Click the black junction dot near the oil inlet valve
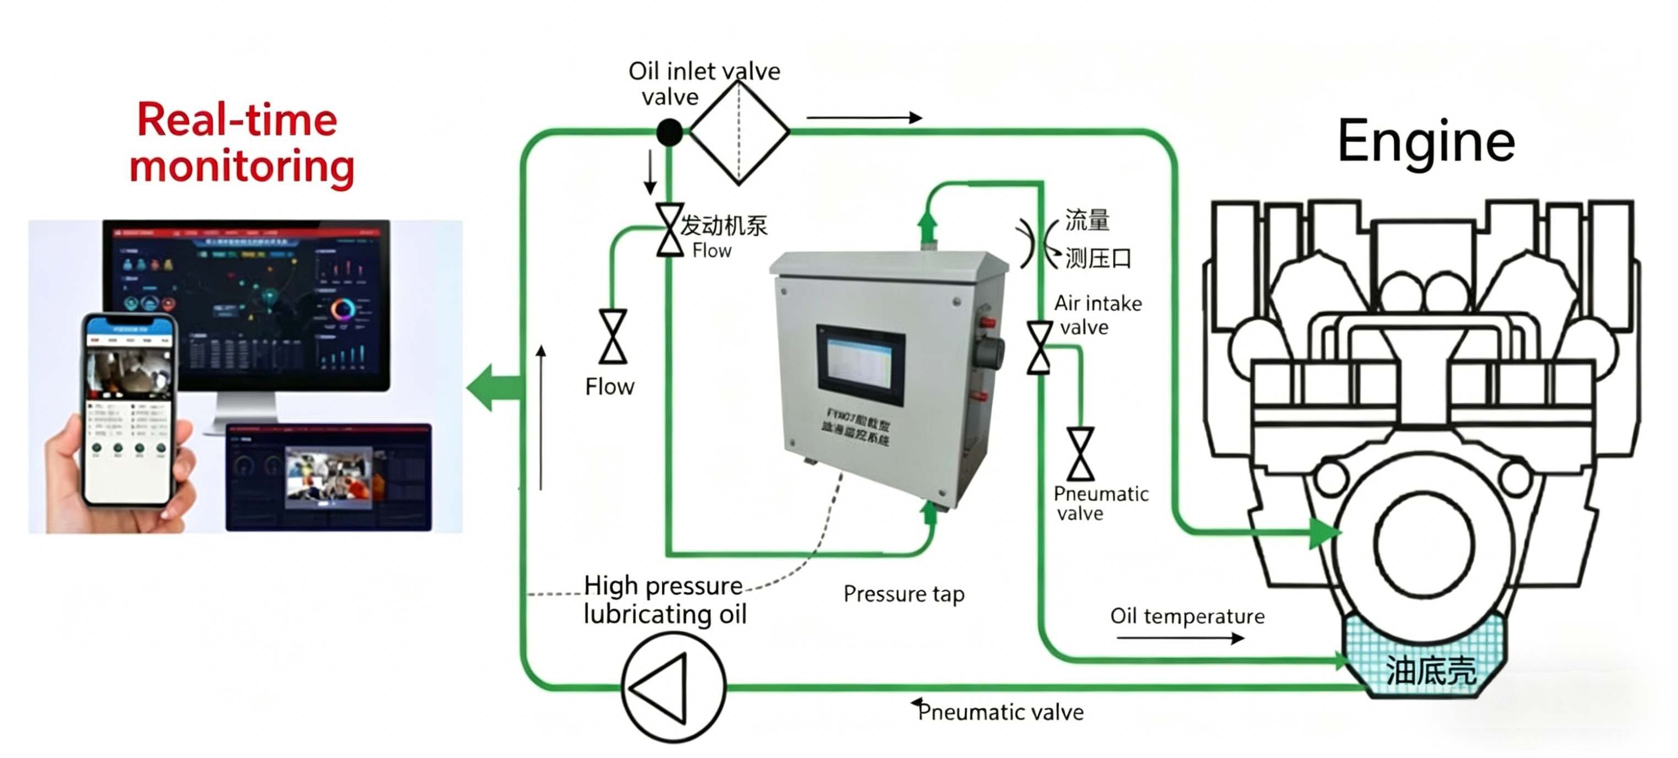(x=669, y=132)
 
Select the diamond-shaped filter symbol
(x=738, y=132)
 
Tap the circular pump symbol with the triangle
(x=673, y=687)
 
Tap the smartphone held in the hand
(x=129, y=410)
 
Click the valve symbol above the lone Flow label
(x=612, y=337)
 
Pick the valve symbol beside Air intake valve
(x=1039, y=348)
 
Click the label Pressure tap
(x=904, y=594)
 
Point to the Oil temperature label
(x=1187, y=616)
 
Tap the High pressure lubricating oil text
(x=664, y=599)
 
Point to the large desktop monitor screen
(x=246, y=305)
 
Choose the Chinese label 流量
(x=1087, y=220)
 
